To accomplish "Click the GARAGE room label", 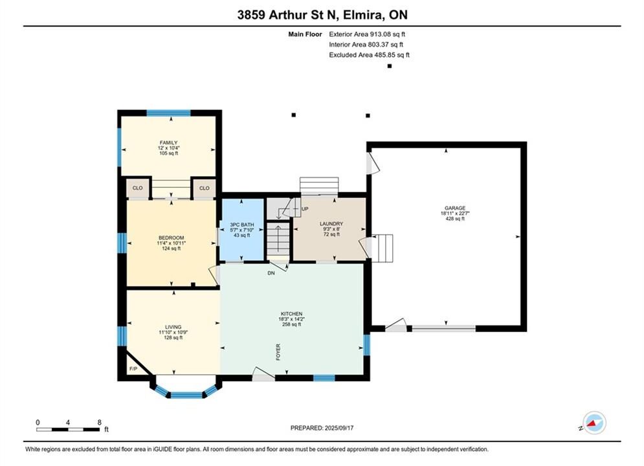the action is click(x=454, y=208).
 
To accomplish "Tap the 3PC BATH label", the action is click(x=242, y=225).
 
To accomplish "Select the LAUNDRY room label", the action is click(x=331, y=224).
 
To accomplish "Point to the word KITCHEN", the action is click(x=292, y=314).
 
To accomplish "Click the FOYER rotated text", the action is click(x=278, y=352).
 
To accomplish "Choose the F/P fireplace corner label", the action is click(x=133, y=369).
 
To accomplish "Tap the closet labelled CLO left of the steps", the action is click(x=138, y=188).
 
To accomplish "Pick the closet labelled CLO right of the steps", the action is click(x=204, y=188).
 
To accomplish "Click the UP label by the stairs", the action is click(x=305, y=209).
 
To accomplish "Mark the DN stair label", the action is click(x=271, y=273).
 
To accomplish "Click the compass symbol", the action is click(x=594, y=423).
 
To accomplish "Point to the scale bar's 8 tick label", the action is click(x=100, y=422).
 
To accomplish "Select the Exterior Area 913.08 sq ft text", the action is click(x=367, y=34).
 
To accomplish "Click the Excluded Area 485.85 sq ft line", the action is click(x=369, y=54).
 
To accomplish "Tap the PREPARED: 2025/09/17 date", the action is click(x=322, y=428).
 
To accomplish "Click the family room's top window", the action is click(x=169, y=113).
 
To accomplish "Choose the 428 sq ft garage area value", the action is click(x=455, y=219).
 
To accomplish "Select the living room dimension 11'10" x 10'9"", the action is click(x=173, y=332).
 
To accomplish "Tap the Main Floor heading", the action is click(x=305, y=34).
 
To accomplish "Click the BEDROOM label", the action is click(x=172, y=238).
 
